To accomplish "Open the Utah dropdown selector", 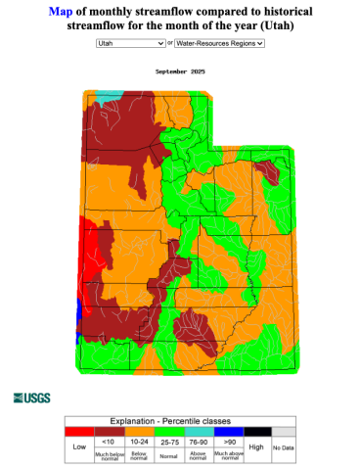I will (130, 44).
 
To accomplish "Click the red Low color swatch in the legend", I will (79, 430).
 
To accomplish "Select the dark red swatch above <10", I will (108, 430).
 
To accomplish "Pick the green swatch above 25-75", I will (167, 430).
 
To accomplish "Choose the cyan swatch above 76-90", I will (199, 430).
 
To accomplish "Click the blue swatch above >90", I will (228, 430).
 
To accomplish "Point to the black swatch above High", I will (256, 430).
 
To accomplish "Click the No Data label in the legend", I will (283, 447).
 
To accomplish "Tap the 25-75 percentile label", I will (167, 441).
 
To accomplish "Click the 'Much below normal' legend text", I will (108, 451).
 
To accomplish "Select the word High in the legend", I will (256, 446).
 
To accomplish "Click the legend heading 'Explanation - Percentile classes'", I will (180, 419).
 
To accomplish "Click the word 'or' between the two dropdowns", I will (170, 44).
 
